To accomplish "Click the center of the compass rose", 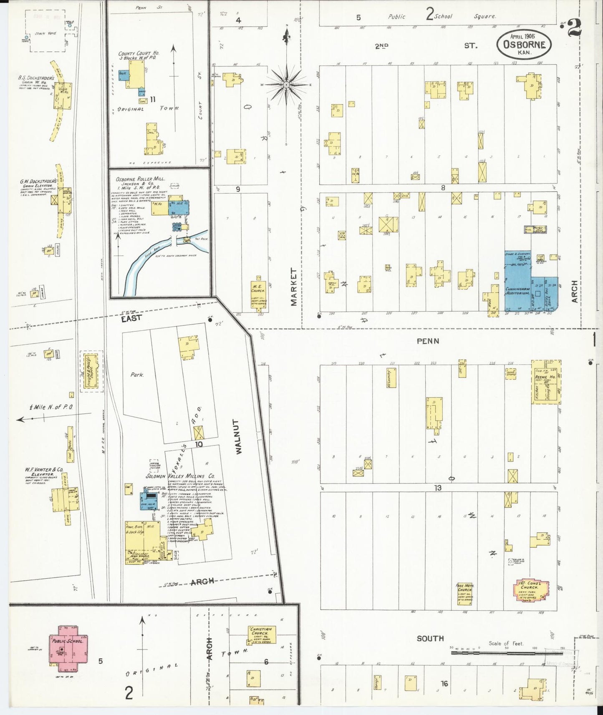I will [x=287, y=85].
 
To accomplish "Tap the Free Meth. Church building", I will [x=464, y=594].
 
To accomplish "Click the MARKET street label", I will [x=294, y=287].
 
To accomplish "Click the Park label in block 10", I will [x=137, y=375].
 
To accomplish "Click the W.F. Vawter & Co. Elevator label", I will [x=44, y=472].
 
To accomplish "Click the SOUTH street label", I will [x=430, y=638].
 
